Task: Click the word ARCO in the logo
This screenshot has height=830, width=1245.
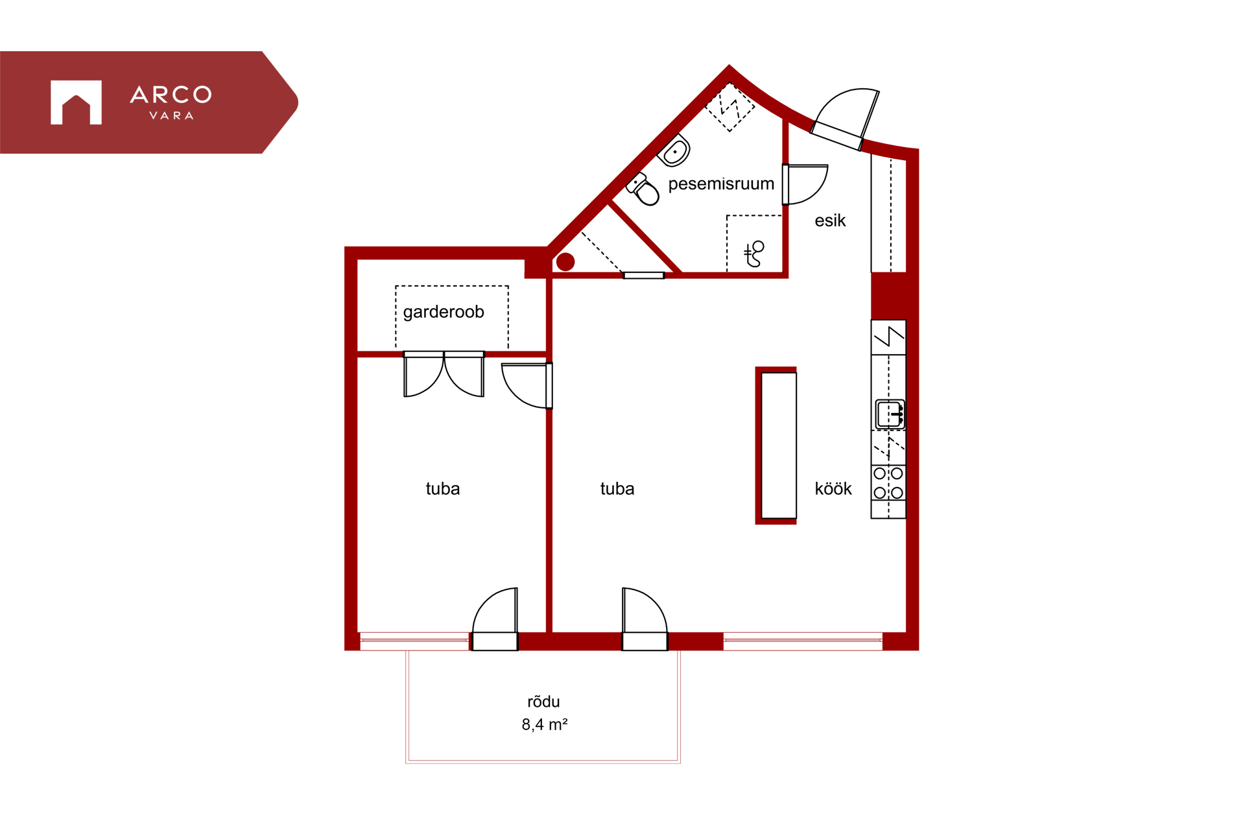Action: (x=171, y=95)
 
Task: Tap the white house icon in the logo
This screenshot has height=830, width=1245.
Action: (x=76, y=102)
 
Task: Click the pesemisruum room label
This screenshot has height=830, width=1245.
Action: (x=721, y=184)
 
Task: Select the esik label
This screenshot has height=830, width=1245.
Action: (x=830, y=220)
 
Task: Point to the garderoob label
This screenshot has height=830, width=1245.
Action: (x=444, y=312)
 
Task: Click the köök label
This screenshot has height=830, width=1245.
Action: (x=833, y=488)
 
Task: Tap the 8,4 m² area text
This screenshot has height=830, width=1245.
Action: (x=545, y=724)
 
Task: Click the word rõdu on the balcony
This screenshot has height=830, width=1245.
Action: (x=543, y=702)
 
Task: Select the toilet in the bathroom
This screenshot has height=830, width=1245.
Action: (x=643, y=189)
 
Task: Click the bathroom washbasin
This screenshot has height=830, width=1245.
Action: (x=674, y=151)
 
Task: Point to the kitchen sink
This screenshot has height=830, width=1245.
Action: (x=890, y=414)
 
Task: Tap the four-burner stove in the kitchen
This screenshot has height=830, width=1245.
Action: (x=888, y=483)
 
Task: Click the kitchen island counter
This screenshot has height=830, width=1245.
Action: (x=777, y=445)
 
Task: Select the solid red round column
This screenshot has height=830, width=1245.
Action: (x=565, y=262)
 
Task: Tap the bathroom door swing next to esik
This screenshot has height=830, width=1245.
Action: (x=805, y=185)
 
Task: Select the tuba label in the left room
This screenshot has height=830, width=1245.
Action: (x=443, y=489)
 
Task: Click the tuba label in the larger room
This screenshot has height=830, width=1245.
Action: (x=617, y=489)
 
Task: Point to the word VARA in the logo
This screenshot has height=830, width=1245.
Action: (x=171, y=115)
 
